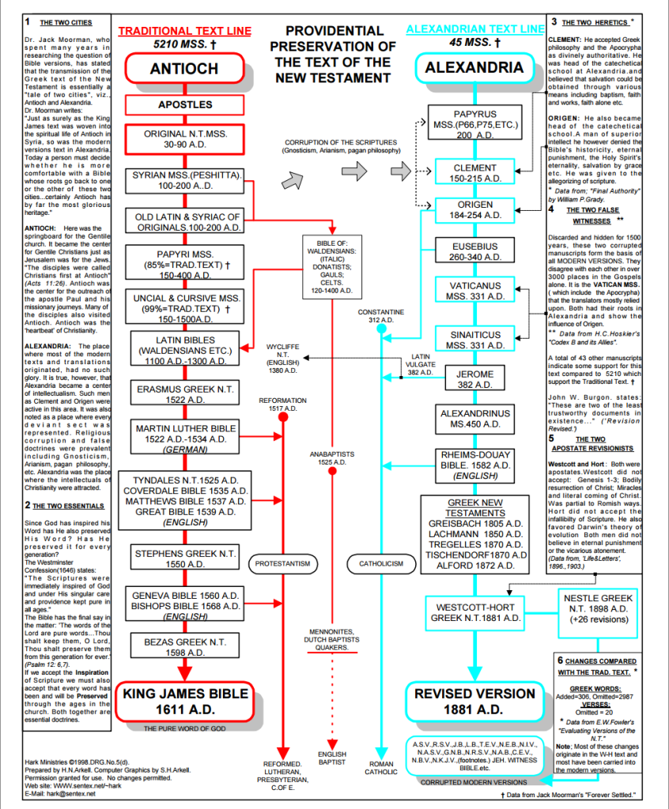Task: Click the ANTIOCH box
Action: point(184,70)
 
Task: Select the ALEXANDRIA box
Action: point(474,68)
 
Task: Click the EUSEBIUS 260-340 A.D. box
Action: point(474,252)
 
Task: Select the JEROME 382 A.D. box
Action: point(474,379)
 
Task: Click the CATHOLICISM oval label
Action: point(381,563)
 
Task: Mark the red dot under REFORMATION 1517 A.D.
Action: point(282,416)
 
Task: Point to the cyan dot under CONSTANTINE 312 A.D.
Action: point(381,328)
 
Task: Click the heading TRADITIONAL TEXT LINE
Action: point(184,32)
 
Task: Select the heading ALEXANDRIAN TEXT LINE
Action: point(474,30)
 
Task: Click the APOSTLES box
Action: point(185,104)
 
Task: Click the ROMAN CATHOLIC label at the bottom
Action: point(381,769)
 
